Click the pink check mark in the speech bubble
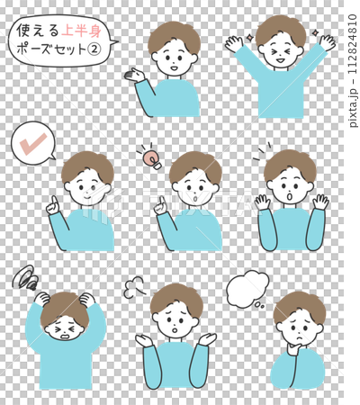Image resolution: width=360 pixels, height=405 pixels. coord(33,142)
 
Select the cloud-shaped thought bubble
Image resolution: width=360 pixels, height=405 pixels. coord(247,289)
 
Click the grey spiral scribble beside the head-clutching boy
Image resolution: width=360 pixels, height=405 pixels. coord(24,277)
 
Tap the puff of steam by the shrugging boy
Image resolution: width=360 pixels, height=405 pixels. coord(134,287)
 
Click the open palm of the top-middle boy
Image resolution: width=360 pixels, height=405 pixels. coord(138,75)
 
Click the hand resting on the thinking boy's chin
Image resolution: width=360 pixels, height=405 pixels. coord(290,343)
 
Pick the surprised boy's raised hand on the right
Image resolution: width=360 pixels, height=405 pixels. coord(319,201)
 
